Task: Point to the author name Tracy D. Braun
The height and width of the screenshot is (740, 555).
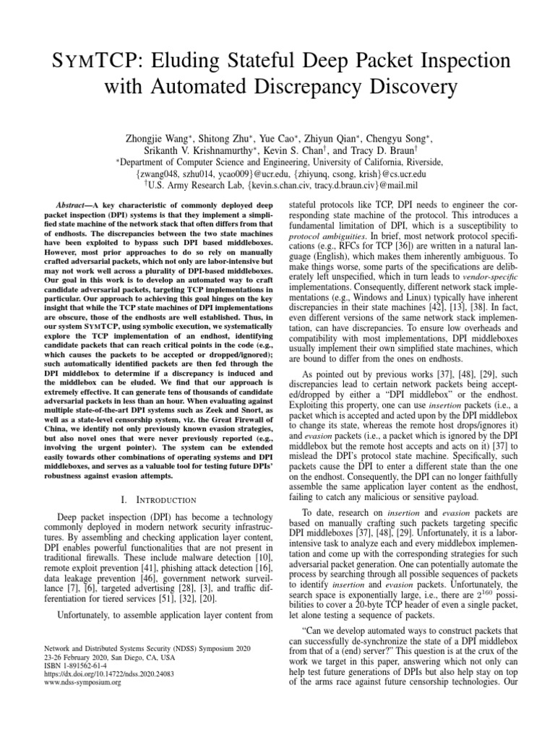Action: click(x=397, y=150)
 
